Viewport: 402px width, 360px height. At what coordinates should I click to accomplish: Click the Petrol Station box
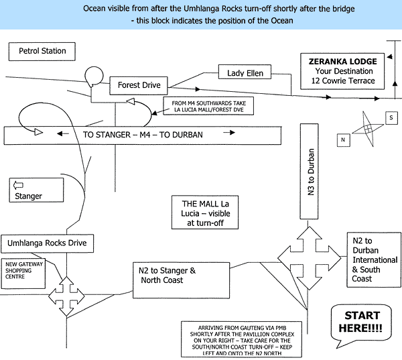(42, 52)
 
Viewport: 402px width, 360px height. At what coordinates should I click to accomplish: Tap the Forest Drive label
(139, 85)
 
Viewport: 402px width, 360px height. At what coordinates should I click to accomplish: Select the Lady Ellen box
(245, 72)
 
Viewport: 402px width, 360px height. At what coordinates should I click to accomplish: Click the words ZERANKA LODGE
(343, 62)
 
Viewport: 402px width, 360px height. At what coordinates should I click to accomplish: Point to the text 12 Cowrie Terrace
(343, 81)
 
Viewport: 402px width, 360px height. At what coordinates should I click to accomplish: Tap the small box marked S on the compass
(391, 118)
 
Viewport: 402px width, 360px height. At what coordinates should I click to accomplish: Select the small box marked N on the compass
(344, 140)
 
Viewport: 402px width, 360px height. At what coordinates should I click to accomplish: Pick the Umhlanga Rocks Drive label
(47, 243)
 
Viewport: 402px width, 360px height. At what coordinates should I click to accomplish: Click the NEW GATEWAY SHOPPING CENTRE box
(23, 274)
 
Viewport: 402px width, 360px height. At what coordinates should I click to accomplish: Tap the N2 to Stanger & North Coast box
(181, 280)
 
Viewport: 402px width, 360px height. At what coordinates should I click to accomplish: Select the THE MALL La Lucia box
(205, 213)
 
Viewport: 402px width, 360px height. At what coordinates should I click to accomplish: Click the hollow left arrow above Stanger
(18, 185)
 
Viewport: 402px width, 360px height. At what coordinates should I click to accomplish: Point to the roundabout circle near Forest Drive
(94, 76)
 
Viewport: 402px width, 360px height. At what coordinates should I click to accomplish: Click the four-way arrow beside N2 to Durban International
(309, 258)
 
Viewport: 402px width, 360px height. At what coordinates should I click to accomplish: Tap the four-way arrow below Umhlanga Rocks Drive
(66, 296)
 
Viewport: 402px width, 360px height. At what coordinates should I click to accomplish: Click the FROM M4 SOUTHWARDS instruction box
(208, 106)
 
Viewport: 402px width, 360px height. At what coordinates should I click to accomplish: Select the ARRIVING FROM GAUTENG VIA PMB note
(241, 339)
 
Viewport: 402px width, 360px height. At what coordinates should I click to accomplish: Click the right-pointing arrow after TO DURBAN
(229, 132)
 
